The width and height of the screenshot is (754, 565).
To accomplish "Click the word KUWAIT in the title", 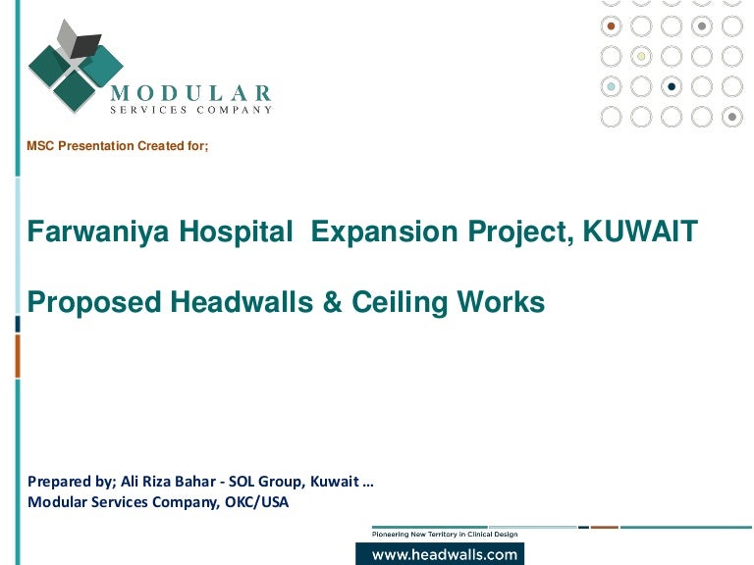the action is click(640, 231).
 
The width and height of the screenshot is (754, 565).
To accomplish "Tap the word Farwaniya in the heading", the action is click(98, 232).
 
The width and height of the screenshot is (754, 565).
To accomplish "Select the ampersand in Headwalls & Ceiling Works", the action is click(332, 302).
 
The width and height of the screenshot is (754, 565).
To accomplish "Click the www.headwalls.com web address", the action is click(445, 555).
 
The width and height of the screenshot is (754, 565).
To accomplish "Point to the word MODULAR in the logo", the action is click(190, 93).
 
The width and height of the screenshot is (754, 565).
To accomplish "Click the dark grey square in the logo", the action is click(85, 46).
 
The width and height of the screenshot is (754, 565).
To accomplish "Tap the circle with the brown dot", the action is click(611, 26).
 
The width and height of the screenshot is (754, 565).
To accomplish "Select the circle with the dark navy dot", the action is click(672, 86).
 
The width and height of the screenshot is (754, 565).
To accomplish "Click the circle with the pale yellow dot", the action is click(641, 56).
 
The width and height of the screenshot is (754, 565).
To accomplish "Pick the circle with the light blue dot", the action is click(611, 86).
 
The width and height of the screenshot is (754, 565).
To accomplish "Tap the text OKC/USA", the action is click(257, 502).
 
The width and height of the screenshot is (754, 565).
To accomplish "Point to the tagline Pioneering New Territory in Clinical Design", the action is click(445, 534).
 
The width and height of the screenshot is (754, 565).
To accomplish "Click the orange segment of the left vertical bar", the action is click(18, 356).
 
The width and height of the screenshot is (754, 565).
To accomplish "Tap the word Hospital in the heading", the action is click(236, 232).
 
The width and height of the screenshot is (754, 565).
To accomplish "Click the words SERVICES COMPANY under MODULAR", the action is click(191, 110).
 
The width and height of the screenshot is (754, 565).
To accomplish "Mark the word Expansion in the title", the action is click(384, 232).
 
